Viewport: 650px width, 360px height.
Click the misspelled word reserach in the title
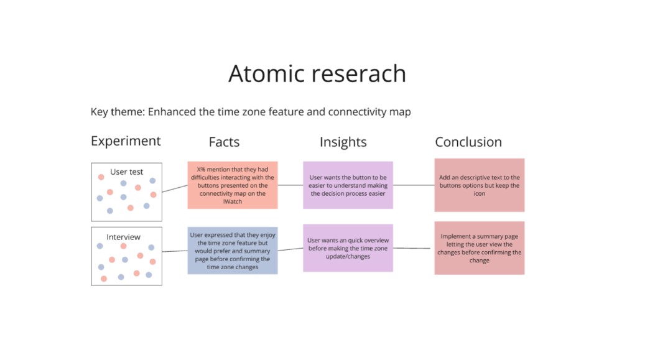[359, 74]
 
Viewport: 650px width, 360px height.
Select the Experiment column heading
[126, 142]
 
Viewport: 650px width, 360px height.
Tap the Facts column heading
[224, 142]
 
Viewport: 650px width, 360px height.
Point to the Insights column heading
[343, 142]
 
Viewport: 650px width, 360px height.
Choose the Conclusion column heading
[468, 142]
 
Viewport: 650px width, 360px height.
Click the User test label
[126, 172]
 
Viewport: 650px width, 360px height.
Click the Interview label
[123, 237]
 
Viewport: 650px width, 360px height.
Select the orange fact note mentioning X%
[233, 185]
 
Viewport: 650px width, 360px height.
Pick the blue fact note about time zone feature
[233, 251]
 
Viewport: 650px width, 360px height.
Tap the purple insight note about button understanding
[348, 185]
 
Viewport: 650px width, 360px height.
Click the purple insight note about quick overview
[348, 248]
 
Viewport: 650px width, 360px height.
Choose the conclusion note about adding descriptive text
[479, 185]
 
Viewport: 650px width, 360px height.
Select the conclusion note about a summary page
[479, 248]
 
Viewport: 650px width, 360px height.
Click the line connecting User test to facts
[175, 189]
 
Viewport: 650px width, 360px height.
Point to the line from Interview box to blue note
[175, 251]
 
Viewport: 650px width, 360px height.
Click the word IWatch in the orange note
[233, 201]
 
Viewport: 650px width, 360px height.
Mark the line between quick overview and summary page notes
[412, 248]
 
